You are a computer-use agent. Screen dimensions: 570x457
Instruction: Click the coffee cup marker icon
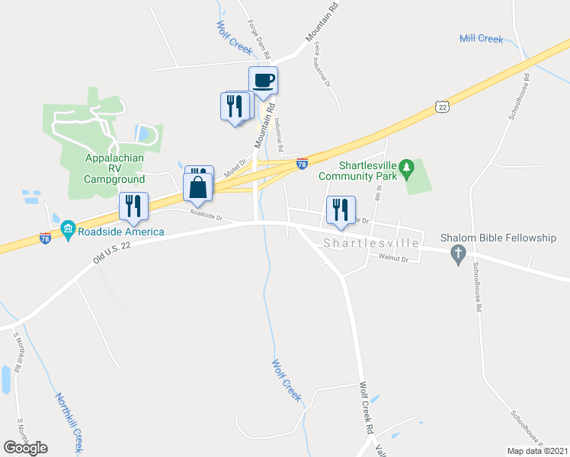[x=263, y=81]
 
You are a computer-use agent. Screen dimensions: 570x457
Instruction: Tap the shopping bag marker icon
[x=197, y=187]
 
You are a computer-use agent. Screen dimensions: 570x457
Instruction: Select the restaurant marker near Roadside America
[x=133, y=206]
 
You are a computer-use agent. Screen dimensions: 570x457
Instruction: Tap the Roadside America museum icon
[x=67, y=229]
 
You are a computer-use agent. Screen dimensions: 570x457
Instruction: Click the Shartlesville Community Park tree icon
[x=406, y=166]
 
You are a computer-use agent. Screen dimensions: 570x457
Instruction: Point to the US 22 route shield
[x=441, y=108]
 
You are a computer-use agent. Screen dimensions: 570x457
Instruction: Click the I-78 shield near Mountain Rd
[x=302, y=163]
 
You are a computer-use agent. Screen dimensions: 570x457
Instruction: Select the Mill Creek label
[x=481, y=38]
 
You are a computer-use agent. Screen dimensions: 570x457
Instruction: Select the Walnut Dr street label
[x=393, y=259]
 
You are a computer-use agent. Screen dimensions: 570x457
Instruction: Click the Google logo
[x=25, y=447]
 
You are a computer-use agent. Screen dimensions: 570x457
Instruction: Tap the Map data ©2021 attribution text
[x=536, y=451]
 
